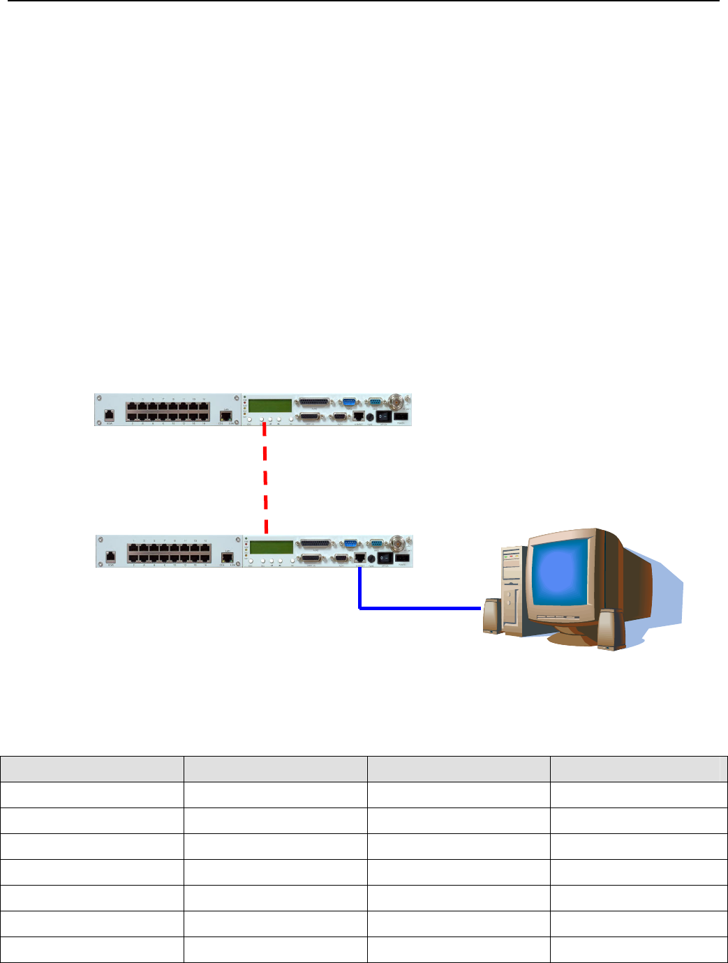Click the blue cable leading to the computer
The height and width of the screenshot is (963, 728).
pos(419,608)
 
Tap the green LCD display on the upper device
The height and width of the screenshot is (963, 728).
pos(271,406)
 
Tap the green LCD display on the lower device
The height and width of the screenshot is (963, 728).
pos(272,547)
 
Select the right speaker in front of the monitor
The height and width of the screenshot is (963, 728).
pos(609,630)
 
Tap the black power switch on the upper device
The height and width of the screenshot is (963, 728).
pos(383,416)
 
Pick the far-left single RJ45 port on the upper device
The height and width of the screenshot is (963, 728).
pos(110,414)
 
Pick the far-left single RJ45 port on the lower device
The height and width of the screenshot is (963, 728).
pos(110,556)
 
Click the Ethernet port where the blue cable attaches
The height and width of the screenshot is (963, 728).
pos(359,558)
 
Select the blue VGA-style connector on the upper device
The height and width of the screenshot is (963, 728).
pos(350,402)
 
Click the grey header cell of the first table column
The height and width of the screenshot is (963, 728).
pos(91,768)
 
